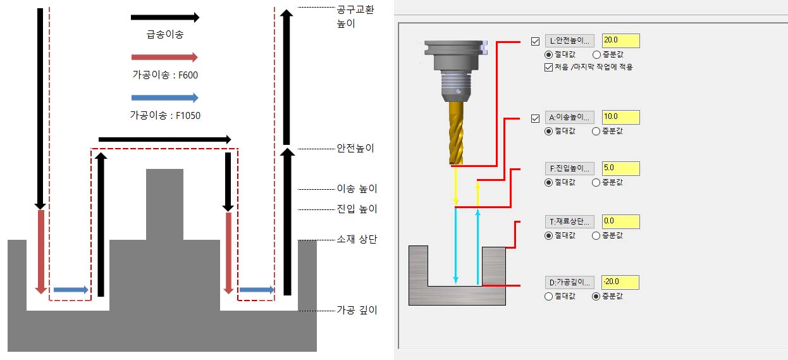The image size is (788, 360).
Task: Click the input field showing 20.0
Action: point(620,41)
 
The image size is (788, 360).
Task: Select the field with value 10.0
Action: point(620,117)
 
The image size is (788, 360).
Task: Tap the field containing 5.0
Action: point(620,169)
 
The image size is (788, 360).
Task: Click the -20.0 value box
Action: point(620,282)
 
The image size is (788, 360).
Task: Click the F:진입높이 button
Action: point(569,169)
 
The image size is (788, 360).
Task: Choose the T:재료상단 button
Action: point(569,221)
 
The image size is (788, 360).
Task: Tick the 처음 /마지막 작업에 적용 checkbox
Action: point(548,67)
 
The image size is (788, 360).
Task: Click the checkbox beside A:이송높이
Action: point(536,118)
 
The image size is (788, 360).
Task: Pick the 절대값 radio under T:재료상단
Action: point(548,235)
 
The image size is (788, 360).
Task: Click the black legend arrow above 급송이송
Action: point(164,18)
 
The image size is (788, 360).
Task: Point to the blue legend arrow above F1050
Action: point(164,97)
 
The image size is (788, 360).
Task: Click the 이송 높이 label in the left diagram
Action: point(357,189)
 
